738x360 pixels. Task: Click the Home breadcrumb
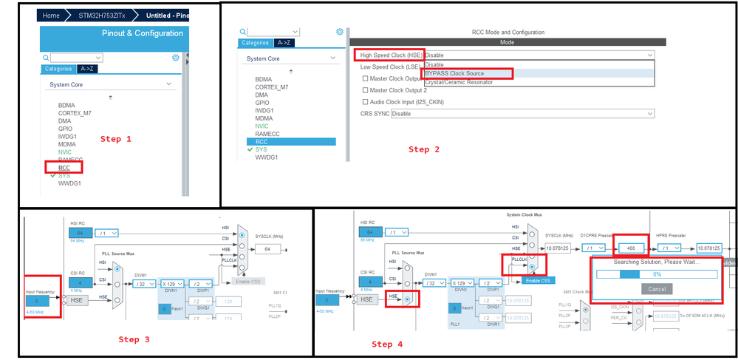click(x=51, y=15)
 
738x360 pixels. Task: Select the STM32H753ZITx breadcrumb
click(x=102, y=15)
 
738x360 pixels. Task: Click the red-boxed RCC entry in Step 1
click(x=66, y=167)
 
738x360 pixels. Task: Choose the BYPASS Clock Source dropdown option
click(x=454, y=73)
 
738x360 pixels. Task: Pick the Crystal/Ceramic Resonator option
click(x=458, y=82)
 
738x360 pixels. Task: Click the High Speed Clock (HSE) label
click(x=388, y=55)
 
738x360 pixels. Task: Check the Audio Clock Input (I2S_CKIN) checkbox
click(x=365, y=102)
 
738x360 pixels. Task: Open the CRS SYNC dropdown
click(x=522, y=114)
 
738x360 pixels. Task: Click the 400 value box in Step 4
click(x=631, y=248)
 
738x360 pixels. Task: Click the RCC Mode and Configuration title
click(x=508, y=33)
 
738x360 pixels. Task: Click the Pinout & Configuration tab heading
click(x=142, y=33)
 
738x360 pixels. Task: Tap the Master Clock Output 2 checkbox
click(x=365, y=90)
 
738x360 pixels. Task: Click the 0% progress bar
click(x=656, y=274)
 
